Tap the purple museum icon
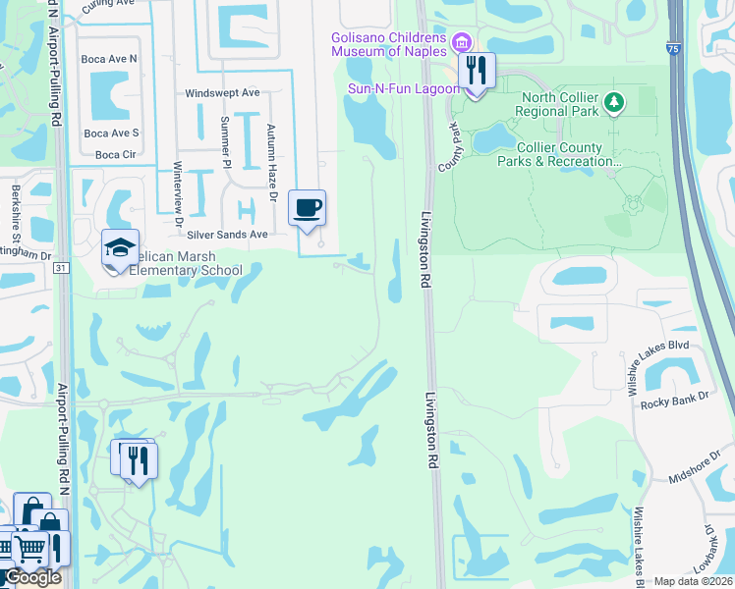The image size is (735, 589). [x=459, y=42]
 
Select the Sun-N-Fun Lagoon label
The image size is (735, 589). [x=403, y=88]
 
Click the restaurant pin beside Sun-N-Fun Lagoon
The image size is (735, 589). [x=477, y=72]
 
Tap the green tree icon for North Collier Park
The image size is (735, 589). [x=614, y=101]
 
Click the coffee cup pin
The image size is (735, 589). [x=308, y=208]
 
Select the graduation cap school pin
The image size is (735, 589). [x=120, y=247]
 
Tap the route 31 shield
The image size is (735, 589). [x=61, y=267]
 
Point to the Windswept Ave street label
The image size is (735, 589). [x=222, y=93]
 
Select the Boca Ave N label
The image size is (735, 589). [x=110, y=59]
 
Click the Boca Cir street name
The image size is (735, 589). [x=116, y=155]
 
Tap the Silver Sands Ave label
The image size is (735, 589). [x=227, y=235]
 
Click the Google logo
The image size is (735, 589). [x=33, y=577]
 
